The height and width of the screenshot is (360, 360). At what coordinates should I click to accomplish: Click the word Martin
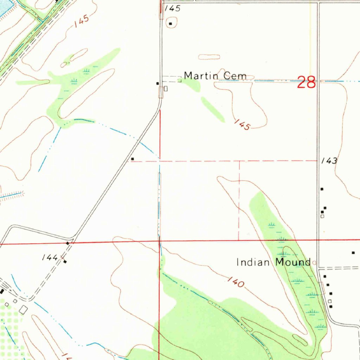tap(199, 76)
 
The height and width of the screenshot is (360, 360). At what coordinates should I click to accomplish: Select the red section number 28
tap(306, 82)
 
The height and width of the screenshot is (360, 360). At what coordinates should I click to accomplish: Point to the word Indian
tap(254, 262)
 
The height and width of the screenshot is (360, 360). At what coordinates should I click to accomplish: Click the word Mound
tap(293, 262)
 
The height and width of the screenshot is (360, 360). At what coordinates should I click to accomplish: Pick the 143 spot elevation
tap(329, 161)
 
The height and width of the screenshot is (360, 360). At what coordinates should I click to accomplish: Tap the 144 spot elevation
tap(50, 258)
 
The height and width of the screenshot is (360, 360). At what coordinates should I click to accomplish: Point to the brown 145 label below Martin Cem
tap(242, 124)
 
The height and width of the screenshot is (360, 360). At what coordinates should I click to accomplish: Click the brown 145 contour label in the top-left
tap(82, 22)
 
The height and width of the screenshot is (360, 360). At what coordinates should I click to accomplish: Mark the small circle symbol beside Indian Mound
tap(314, 262)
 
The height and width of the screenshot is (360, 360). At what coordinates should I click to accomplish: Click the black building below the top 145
tap(171, 24)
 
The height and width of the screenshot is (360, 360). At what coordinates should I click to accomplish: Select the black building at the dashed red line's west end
tap(133, 159)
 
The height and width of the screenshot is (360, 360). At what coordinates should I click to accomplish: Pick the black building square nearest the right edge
tap(353, 253)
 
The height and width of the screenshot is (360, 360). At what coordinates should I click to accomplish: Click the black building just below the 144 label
tap(65, 262)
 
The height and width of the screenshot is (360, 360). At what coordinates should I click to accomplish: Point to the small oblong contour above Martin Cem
tap(209, 57)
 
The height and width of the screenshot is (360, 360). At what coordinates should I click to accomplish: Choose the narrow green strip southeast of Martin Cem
tap(213, 109)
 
